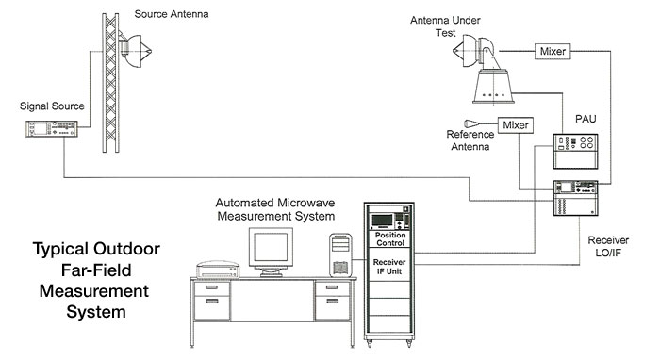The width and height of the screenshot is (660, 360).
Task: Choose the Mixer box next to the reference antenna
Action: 515,125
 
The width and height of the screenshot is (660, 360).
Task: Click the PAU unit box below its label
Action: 574,152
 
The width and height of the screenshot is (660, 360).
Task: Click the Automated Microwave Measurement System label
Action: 275,208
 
